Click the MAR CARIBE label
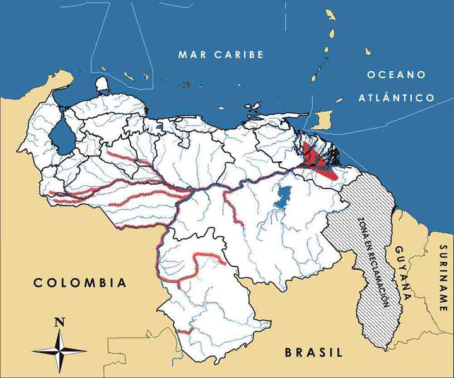click(x=220, y=54)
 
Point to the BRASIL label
click(x=313, y=352)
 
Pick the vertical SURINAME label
click(x=444, y=278)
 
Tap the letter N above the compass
click(x=59, y=322)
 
